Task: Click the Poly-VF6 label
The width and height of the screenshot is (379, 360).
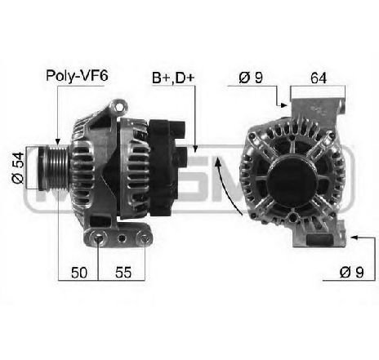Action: [77, 76]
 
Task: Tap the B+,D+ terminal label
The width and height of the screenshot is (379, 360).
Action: [173, 78]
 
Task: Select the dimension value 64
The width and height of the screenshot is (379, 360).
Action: [319, 78]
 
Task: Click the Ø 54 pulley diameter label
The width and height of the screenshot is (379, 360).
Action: [18, 167]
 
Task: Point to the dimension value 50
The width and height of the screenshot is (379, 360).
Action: [79, 273]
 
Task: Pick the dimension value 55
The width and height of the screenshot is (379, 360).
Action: [123, 273]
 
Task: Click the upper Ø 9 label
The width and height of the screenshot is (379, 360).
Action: [251, 78]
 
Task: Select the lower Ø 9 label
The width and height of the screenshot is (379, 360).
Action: [351, 272]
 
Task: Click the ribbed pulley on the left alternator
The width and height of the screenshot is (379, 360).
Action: [54, 168]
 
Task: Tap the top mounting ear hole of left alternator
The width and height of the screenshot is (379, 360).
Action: [119, 107]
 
